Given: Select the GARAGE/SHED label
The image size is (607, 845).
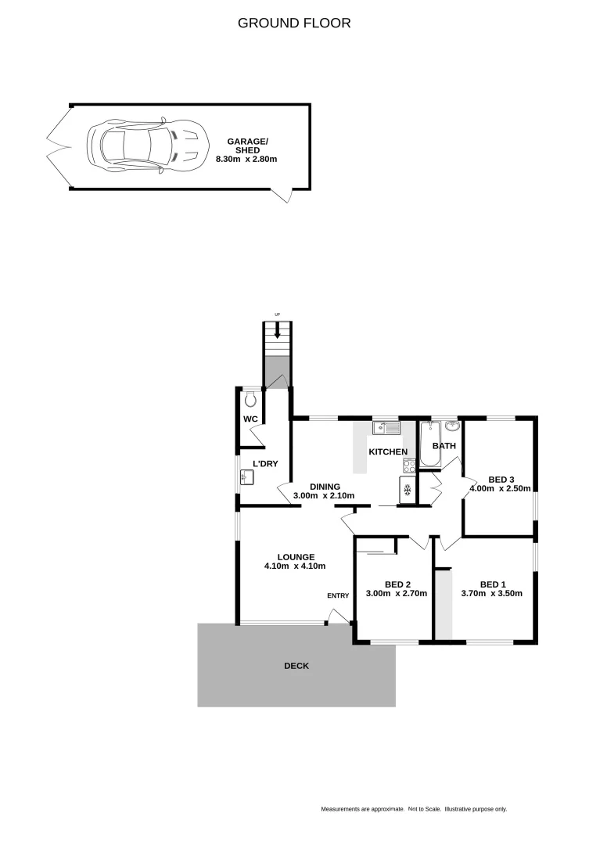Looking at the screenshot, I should tap(247, 145).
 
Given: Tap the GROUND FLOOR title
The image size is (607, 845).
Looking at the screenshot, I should tap(294, 23).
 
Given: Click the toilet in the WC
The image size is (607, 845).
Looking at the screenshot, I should tap(251, 400).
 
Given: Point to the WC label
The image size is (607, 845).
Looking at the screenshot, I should tap(250, 419).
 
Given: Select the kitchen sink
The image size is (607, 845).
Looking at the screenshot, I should tap(386, 427).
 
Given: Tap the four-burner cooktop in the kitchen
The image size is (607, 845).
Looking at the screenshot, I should tap(409, 466).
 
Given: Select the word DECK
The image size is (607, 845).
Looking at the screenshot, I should tap(296, 666).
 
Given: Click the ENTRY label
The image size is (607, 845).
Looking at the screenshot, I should tap(338, 595).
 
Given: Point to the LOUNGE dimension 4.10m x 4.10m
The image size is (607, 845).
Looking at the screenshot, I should tap(295, 566).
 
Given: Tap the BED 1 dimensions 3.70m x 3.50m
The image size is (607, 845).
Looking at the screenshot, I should tap(492, 593).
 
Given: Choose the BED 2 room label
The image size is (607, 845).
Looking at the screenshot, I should tap(397, 584).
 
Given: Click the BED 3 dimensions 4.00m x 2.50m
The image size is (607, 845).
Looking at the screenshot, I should tap(501, 489).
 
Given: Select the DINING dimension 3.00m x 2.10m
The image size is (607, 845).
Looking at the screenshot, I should tap(324, 496).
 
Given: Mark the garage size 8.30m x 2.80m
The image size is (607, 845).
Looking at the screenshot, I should tap(247, 159).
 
